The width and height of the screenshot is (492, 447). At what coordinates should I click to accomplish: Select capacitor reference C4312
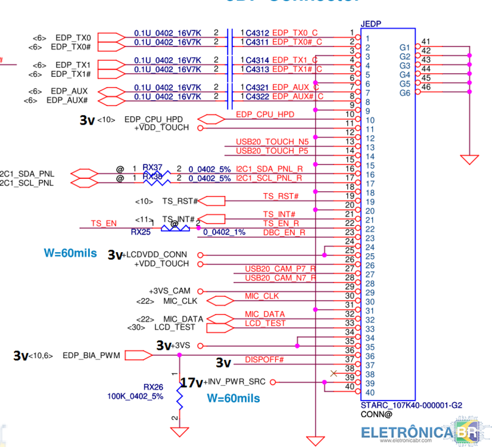(257, 33)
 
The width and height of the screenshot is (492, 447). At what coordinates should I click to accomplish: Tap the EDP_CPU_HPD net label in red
(265, 114)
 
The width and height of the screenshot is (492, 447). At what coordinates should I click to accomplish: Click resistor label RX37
(152, 167)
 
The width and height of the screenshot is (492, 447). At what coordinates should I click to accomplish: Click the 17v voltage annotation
(191, 383)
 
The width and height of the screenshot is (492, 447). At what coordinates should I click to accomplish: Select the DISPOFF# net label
(264, 360)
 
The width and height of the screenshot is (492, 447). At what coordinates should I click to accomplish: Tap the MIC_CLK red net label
(261, 296)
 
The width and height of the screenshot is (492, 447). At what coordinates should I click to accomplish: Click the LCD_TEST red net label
(265, 323)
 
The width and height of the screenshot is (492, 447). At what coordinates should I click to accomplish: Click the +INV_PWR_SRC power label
(235, 382)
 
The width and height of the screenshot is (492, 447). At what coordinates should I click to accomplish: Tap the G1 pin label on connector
(405, 47)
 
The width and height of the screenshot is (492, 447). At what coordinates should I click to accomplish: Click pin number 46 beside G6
(425, 87)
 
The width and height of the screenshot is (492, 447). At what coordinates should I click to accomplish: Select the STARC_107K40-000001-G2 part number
(411, 405)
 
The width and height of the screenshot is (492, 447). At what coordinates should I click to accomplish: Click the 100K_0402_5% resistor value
(135, 396)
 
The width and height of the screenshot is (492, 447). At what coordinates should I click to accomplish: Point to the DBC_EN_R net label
(284, 232)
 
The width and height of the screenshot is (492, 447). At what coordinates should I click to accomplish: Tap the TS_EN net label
(104, 223)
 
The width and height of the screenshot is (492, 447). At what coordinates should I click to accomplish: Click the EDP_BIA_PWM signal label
(91, 356)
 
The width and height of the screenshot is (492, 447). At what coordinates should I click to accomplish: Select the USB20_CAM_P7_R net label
(281, 269)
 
